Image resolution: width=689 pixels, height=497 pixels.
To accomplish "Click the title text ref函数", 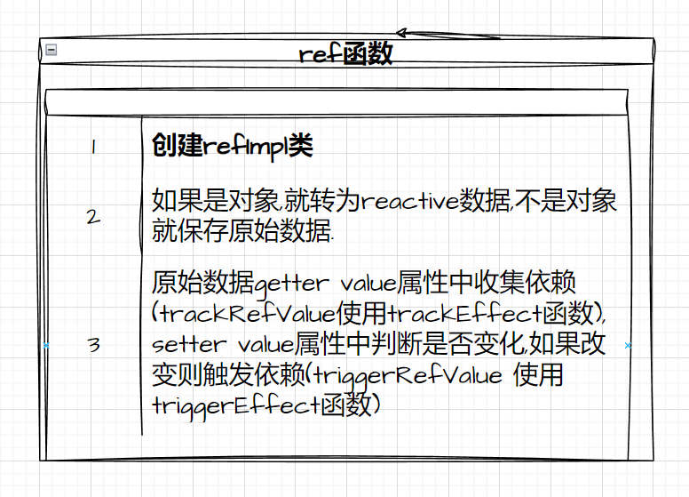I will (x=345, y=53).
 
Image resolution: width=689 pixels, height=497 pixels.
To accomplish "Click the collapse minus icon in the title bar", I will (x=51, y=51).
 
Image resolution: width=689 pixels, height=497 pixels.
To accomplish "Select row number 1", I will (x=92, y=148).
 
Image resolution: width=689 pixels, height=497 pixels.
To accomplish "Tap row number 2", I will (x=93, y=216).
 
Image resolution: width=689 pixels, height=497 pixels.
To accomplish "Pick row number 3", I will (x=93, y=345).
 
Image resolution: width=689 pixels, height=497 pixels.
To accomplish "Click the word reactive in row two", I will (x=408, y=200).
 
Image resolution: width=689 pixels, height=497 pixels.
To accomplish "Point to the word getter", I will (x=290, y=285).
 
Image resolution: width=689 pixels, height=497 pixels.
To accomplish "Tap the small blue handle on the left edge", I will (x=46, y=345).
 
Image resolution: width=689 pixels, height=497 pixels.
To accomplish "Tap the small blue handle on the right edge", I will (x=628, y=345).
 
